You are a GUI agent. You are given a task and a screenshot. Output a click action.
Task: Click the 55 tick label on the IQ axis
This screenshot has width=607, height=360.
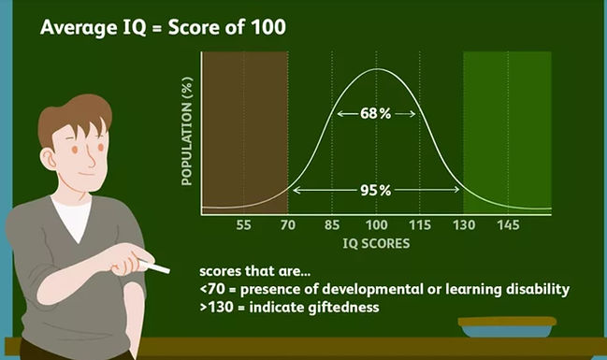(x=244, y=226)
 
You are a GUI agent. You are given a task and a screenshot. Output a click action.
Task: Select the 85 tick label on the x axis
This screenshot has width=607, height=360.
(x=333, y=226)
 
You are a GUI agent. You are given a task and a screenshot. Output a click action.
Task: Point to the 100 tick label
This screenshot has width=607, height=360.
(x=376, y=226)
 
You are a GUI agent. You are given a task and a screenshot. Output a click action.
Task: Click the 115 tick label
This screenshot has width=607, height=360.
(x=420, y=226)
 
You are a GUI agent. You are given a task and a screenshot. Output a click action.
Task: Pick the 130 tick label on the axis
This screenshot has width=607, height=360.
(x=464, y=226)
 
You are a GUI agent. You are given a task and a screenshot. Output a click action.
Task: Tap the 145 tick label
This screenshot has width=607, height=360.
(x=508, y=226)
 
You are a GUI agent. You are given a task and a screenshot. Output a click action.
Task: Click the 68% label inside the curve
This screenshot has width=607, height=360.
(x=376, y=113)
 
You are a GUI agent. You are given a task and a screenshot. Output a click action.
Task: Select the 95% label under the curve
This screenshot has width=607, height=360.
(x=376, y=191)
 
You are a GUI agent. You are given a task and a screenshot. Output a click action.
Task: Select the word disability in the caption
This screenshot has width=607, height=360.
(x=536, y=289)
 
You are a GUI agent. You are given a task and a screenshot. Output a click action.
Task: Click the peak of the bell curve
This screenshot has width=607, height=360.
(x=376, y=69)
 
